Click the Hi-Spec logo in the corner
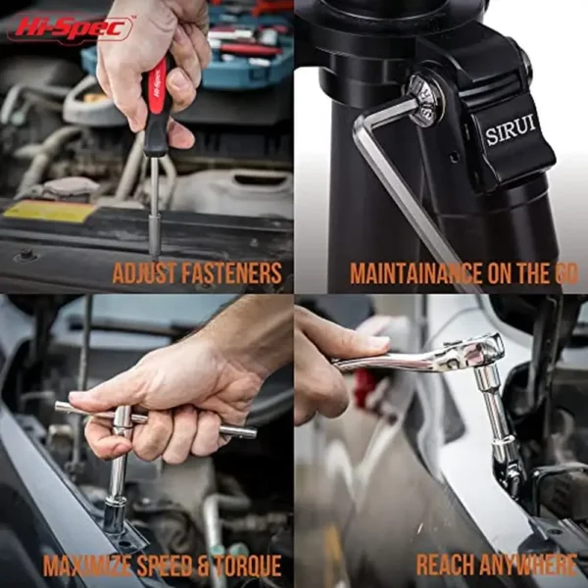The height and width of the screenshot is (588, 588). [71, 28]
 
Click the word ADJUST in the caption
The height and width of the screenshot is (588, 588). [144, 273]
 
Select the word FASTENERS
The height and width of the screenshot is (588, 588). [231, 273]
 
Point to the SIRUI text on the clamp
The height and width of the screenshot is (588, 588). [511, 130]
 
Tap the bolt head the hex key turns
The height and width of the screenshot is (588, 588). [426, 99]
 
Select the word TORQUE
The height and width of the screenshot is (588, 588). [248, 565]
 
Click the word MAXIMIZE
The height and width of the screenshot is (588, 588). [87, 565]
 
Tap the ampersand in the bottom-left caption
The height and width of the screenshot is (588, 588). [202, 565]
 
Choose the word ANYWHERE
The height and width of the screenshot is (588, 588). [528, 564]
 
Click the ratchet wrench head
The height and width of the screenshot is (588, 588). [475, 353]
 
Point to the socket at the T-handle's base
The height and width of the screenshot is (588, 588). [115, 514]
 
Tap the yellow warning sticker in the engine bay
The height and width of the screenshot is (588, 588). [49, 211]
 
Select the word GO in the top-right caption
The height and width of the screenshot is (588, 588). [565, 273]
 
